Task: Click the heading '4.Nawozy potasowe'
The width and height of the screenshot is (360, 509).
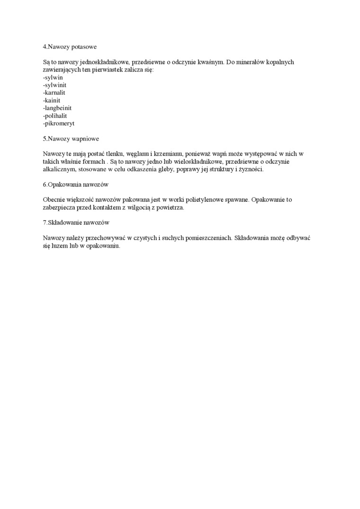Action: [x=70, y=46]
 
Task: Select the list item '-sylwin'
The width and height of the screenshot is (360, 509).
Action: [x=53, y=77]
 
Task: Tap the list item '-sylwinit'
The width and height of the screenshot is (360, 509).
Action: [x=54, y=85]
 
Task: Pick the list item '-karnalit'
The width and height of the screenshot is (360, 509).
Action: [x=54, y=92]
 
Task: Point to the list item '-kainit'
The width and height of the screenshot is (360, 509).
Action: [x=52, y=100]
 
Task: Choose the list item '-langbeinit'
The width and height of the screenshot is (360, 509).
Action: [x=57, y=108]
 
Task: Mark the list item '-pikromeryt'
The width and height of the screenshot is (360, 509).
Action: [x=59, y=123]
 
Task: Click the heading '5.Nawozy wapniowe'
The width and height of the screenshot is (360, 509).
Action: [x=71, y=139]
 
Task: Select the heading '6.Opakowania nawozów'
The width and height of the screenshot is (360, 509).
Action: [x=76, y=184]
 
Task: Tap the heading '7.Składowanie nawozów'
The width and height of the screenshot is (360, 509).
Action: [x=76, y=223]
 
